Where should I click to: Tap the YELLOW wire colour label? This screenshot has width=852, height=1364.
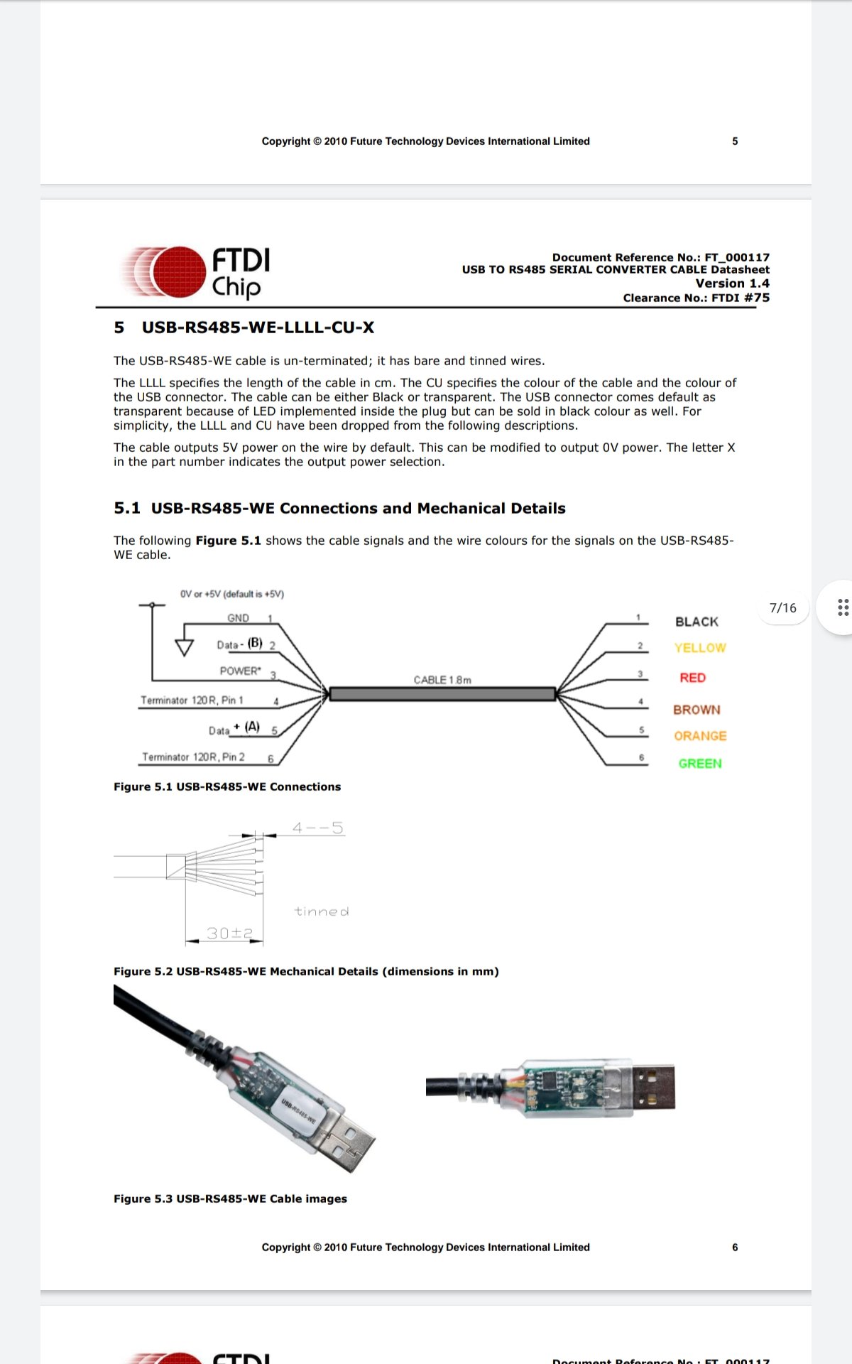point(699,648)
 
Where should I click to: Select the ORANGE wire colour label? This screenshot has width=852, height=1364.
point(700,736)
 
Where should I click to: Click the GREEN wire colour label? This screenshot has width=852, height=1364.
point(699,764)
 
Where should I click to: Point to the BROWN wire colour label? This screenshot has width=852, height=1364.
point(697,710)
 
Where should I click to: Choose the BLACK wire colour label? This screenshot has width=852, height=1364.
point(697,622)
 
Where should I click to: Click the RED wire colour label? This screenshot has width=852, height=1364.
point(692,678)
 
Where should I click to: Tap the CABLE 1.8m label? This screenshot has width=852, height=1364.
point(442,680)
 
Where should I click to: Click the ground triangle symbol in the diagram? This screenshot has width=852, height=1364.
point(185,647)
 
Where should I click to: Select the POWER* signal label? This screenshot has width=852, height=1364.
point(240,671)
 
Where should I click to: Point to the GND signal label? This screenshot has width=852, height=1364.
point(238,618)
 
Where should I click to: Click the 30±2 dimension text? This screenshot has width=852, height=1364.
point(229,933)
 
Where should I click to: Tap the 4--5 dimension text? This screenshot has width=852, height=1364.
point(317,828)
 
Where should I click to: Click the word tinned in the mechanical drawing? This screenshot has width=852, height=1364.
point(322,911)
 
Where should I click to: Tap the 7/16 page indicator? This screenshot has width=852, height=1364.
point(782,608)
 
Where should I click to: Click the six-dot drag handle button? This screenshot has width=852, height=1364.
point(843,607)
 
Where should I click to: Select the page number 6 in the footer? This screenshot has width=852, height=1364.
point(735,1247)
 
